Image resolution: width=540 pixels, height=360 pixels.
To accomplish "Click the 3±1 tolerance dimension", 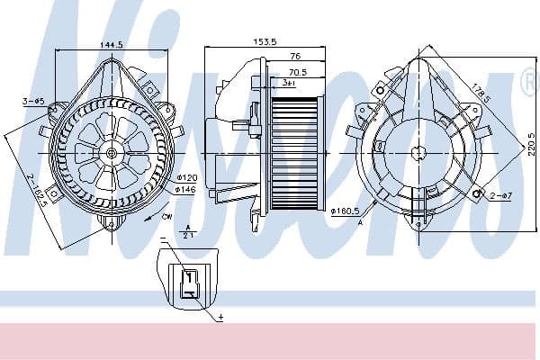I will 289,83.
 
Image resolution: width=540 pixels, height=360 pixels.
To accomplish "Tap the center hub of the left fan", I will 112,153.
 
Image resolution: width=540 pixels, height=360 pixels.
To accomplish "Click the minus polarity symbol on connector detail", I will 164,240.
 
